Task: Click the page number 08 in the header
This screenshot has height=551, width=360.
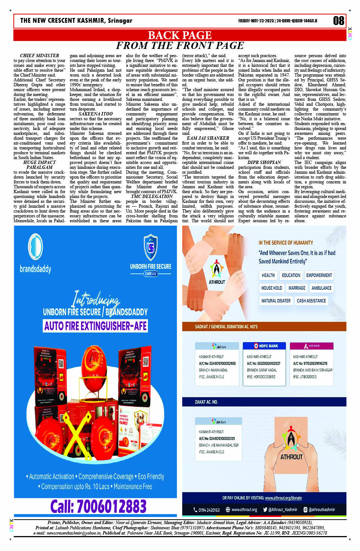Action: click(338, 21)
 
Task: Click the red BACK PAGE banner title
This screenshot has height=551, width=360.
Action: click(180, 35)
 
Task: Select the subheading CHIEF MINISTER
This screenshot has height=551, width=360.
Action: click(39, 56)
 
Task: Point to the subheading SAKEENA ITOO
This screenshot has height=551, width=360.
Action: click(96, 114)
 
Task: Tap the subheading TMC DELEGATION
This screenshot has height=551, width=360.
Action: click(152, 196)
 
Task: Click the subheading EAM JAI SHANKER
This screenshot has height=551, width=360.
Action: click(208, 138)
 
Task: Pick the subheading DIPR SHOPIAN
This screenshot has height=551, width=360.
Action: click(264, 162)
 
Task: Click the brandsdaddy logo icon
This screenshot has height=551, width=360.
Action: click(35, 247)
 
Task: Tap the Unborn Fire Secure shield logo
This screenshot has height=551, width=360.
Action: click(150, 247)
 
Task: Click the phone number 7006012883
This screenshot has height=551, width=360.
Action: click(99, 507)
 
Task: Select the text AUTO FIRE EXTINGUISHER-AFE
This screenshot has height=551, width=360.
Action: click(96, 326)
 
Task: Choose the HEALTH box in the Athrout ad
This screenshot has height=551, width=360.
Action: click(268, 275)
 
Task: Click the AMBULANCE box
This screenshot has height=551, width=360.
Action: click(321, 288)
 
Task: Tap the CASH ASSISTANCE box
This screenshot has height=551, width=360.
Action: click(311, 301)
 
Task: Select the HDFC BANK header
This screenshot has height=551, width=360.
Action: click(266, 346)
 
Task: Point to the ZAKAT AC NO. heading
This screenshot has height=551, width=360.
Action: click(206, 402)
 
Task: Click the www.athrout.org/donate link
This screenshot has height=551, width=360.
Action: click(283, 498)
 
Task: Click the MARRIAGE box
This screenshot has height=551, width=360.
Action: click(297, 288)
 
